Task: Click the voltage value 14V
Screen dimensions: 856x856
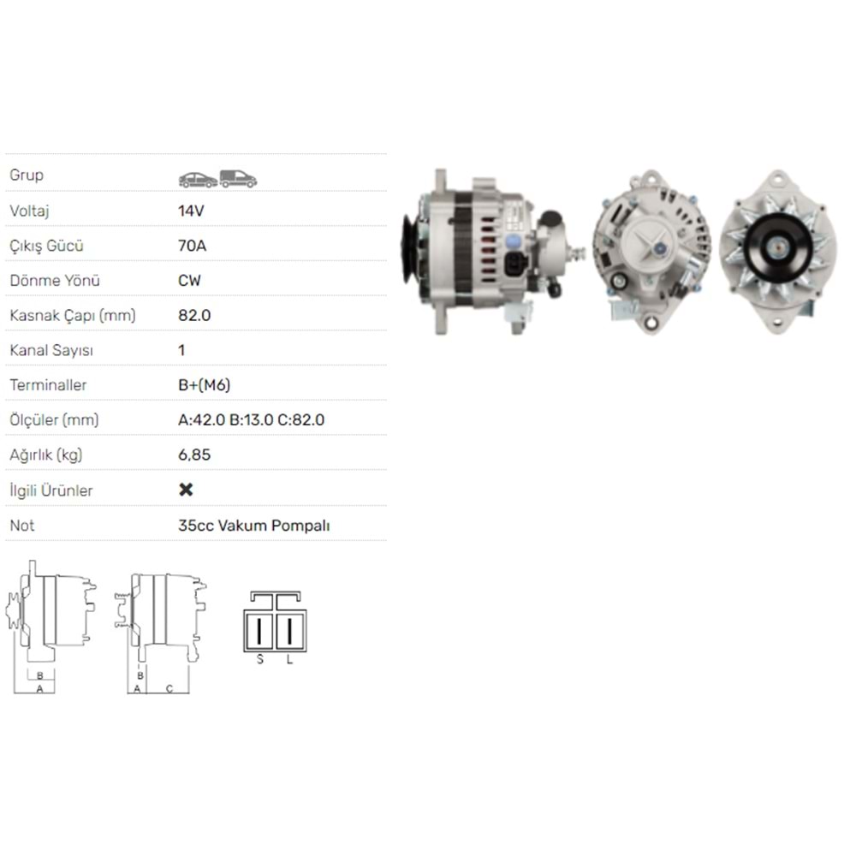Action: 191,211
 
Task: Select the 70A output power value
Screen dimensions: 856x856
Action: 192,246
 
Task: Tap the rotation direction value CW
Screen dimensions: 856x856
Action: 189,281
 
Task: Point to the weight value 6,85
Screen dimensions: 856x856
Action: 194,455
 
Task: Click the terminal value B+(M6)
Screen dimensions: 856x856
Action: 205,385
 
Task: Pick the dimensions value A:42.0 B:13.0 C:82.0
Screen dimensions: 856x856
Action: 251,419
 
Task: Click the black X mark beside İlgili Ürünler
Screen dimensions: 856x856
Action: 186,490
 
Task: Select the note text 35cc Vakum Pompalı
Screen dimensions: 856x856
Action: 254,526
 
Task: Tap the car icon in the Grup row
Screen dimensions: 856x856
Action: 199,180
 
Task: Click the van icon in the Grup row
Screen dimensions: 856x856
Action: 238,179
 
